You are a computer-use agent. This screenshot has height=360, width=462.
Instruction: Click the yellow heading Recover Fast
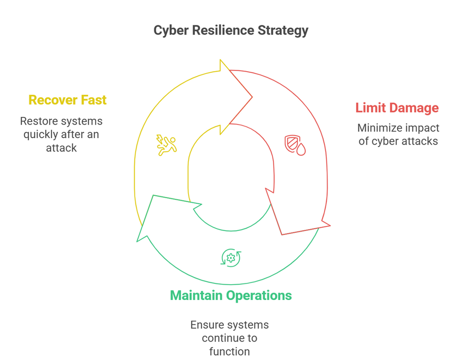pyautogui.click(x=67, y=100)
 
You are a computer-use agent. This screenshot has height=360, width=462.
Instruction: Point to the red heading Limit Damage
pyautogui.click(x=397, y=108)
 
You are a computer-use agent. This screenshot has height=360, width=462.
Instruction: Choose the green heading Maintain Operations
pyautogui.click(x=231, y=295)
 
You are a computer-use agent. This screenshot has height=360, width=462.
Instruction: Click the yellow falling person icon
pyautogui.click(x=166, y=145)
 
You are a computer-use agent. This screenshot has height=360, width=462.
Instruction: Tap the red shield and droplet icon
pyautogui.click(x=294, y=145)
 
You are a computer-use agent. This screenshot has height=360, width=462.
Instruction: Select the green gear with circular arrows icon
pyautogui.click(x=231, y=258)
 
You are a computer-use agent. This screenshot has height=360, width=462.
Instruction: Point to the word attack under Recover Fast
pyautogui.click(x=61, y=148)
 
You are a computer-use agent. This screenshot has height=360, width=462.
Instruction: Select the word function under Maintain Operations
pyautogui.click(x=230, y=352)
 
